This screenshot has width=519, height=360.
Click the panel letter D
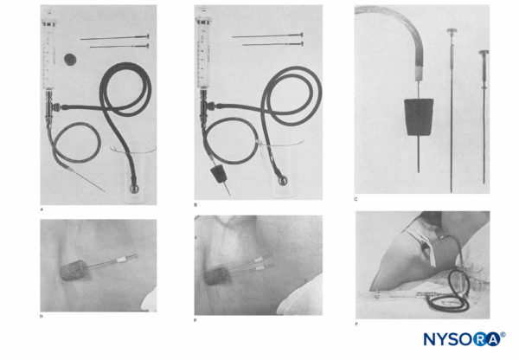tap(42, 316)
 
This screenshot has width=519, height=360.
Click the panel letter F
tap(357, 325)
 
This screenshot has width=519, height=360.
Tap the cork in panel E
tap(213, 279)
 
